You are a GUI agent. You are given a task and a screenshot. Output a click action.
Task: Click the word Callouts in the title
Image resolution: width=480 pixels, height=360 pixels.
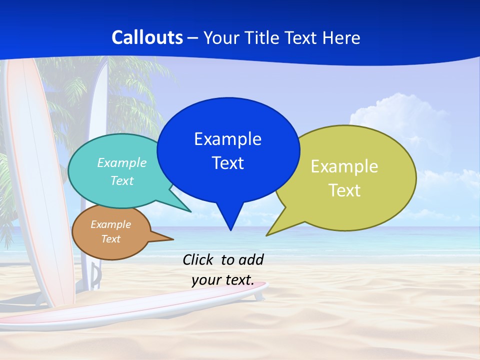coord(147,37)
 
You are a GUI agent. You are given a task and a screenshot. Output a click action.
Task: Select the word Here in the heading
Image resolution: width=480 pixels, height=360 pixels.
coord(341,37)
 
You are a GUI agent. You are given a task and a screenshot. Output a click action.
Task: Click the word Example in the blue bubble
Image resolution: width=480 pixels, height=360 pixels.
coord(227,139)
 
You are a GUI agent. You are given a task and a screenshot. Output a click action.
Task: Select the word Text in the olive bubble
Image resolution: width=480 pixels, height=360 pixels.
coord(344,190)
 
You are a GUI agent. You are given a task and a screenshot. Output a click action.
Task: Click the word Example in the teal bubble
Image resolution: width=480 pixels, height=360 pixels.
coord(122,162)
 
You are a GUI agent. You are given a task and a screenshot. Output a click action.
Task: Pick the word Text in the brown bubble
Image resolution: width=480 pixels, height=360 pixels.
coord(111,239)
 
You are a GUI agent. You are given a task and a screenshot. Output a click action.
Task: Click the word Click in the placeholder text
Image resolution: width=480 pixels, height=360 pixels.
coord(198,260)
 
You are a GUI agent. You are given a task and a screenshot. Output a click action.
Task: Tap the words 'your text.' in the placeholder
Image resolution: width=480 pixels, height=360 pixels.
coord(223,280)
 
